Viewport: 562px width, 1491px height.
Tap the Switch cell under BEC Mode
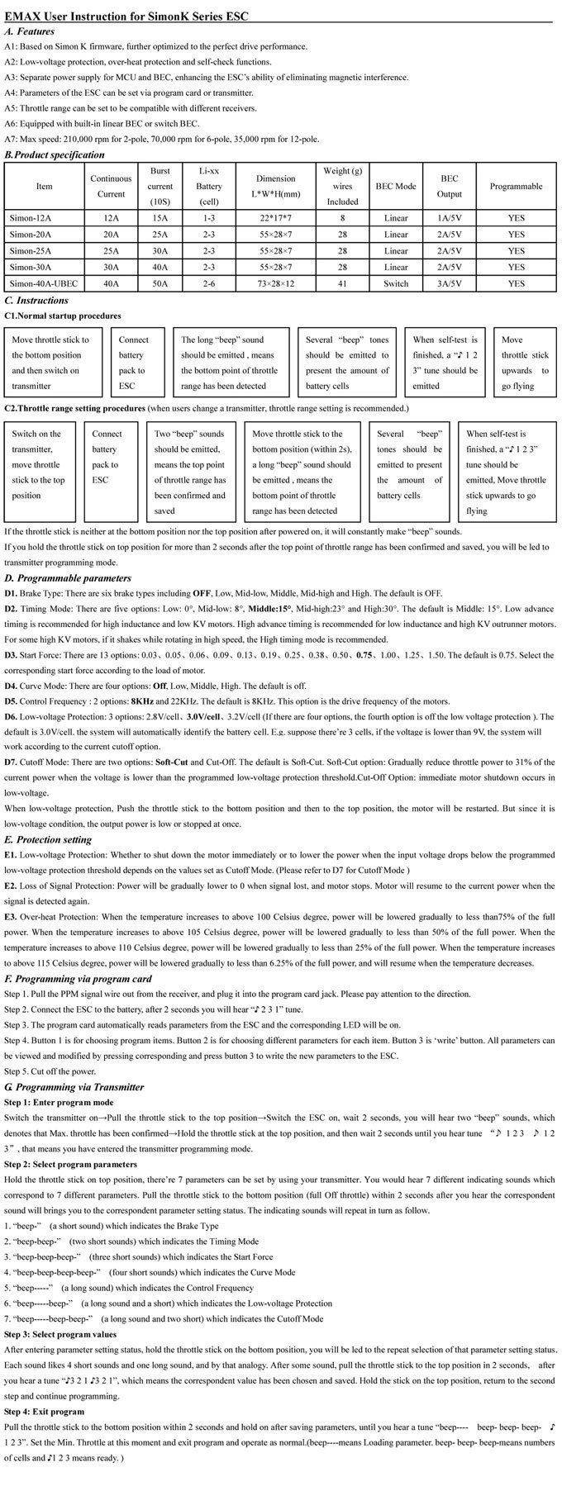click(396, 283)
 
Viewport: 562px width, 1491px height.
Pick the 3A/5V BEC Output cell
click(449, 283)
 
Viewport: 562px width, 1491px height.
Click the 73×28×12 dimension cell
click(276, 283)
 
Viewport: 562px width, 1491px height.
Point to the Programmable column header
click(516, 187)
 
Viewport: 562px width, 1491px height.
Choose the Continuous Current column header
click(111, 187)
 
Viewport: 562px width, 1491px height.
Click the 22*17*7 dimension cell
click(276, 218)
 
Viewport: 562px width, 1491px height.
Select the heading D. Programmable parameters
click(68, 578)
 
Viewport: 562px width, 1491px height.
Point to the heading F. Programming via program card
click(78, 979)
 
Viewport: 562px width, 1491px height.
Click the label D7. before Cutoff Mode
click(11, 762)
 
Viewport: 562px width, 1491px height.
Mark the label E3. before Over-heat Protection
click(11, 917)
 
